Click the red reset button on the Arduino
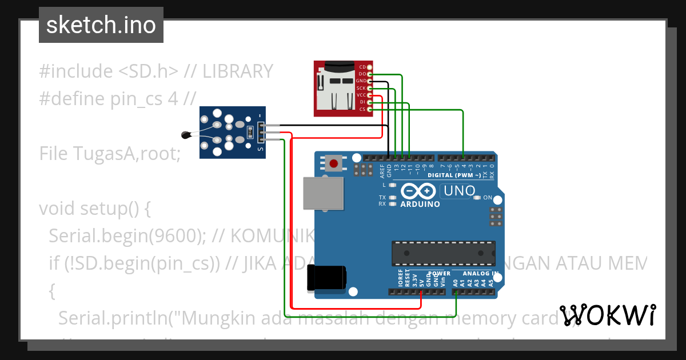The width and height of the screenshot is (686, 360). tap(333, 165)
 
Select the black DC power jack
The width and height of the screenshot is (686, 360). tap(326, 277)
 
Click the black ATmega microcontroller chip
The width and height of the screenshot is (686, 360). tap(443, 253)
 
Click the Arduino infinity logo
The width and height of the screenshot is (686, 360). tap(420, 191)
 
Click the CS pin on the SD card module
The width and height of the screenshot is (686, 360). tap(362, 109)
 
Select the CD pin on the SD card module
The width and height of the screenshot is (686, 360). tap(362, 67)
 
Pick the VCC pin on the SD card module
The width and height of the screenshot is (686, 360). tap(361, 95)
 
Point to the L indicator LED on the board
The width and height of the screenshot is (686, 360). tap(392, 185)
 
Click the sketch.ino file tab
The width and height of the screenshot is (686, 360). tap(101, 25)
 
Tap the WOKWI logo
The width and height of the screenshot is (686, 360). tap(607, 315)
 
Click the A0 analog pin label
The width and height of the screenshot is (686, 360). tap(456, 282)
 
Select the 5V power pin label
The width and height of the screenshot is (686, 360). tap(421, 282)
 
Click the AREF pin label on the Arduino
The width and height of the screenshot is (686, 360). tap(382, 169)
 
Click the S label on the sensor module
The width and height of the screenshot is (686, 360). tap(260, 150)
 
